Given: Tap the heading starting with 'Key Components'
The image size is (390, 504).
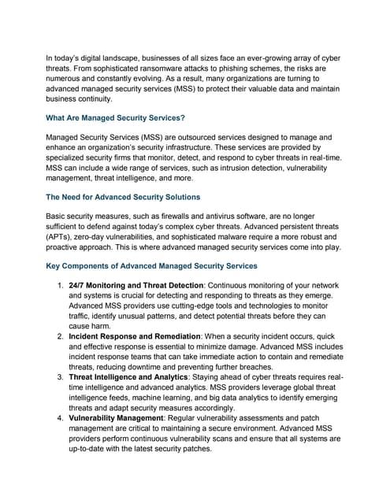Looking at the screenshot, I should [x=151, y=266].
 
